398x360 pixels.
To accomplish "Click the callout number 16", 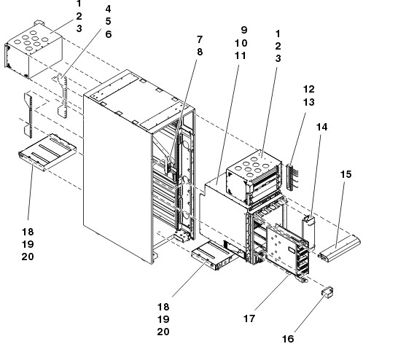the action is click(x=288, y=339).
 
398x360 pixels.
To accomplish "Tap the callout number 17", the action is click(x=249, y=318).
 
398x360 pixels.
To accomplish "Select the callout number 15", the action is click(x=346, y=174).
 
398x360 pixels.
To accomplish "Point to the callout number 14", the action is click(x=322, y=127).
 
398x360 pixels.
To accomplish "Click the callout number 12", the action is click(x=309, y=89).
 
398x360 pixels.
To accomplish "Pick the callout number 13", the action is click(x=309, y=102).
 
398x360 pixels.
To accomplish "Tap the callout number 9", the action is click(x=244, y=30).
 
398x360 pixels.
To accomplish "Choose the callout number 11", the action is click(x=240, y=55).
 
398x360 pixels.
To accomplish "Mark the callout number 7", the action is click(x=200, y=39).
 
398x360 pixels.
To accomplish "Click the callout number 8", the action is click(x=200, y=52).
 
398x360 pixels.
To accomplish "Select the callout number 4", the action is click(x=108, y=9).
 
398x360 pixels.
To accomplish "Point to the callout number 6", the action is click(x=109, y=34).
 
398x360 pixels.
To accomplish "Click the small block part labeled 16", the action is click(x=328, y=292).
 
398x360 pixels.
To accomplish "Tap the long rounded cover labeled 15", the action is click(x=340, y=247).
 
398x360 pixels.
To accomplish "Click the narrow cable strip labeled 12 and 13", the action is click(x=290, y=177).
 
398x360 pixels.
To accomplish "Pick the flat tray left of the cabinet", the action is click(x=47, y=152).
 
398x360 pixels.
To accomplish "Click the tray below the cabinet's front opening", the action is click(x=215, y=256).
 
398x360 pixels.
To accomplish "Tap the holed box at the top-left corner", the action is click(x=34, y=50).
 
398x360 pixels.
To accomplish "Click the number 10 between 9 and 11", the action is click(x=241, y=43).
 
